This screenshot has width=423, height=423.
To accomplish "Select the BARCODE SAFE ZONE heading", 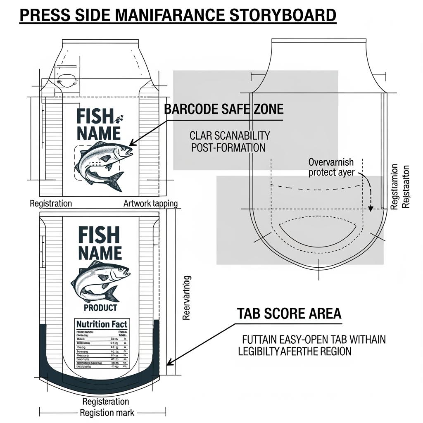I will click(224, 109).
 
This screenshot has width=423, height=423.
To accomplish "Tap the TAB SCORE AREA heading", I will click(289, 314).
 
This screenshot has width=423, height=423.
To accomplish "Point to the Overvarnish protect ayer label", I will click(331, 167).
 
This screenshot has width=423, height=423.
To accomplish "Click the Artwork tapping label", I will click(150, 203).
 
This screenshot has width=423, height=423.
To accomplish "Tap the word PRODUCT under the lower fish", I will click(100, 308).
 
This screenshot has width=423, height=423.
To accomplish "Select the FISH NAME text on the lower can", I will click(100, 244).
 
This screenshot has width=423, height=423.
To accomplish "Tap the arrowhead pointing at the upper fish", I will click(132, 143).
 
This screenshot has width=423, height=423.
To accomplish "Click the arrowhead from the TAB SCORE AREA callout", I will click(168, 364).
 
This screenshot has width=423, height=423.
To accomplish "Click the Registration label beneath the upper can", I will click(51, 203).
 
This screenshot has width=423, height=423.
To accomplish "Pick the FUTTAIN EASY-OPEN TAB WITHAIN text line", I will click(314, 340).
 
